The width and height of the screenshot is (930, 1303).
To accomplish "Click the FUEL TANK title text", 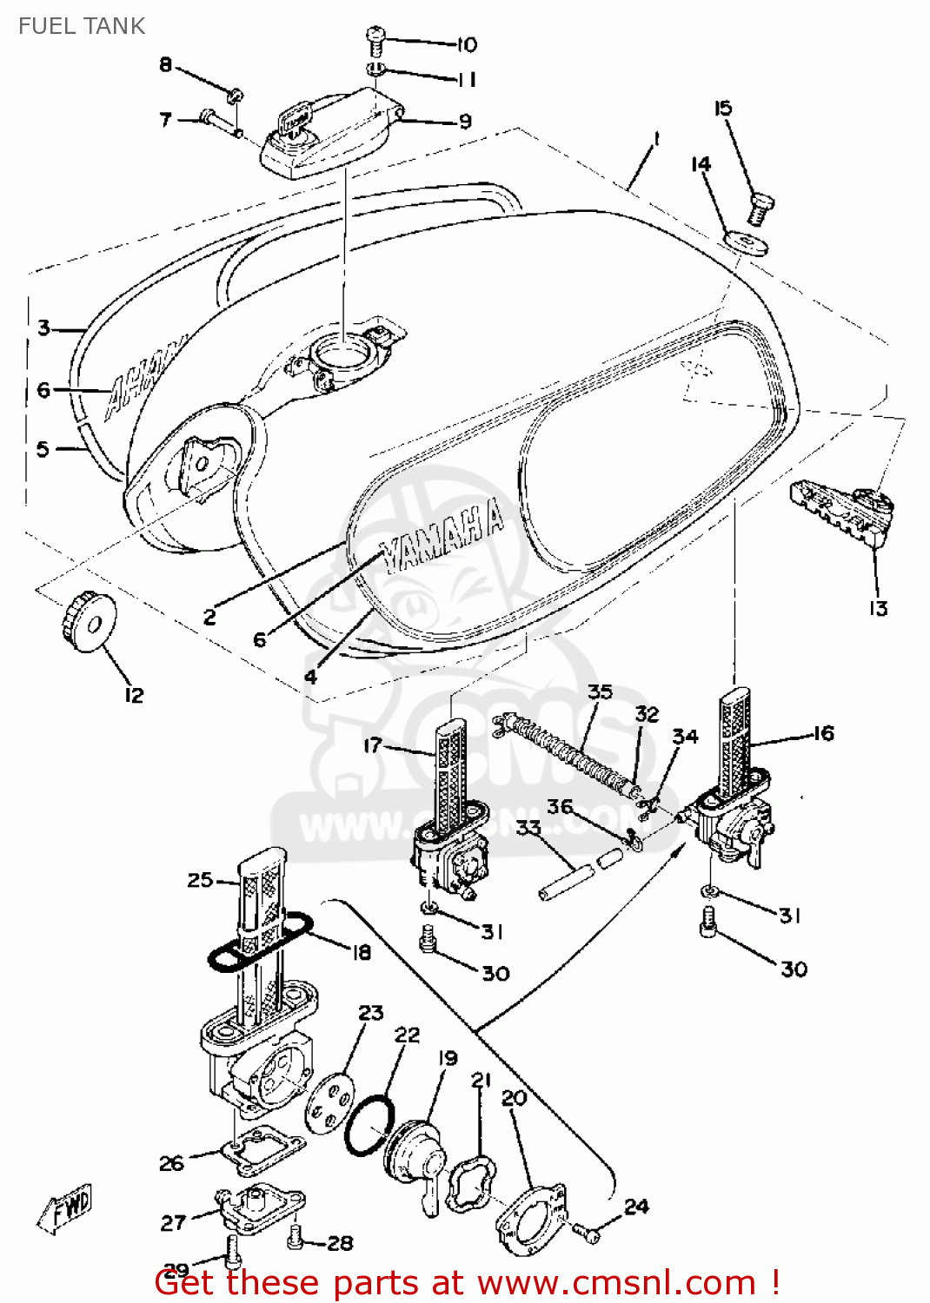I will click(82, 26).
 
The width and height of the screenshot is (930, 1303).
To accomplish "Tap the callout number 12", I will click(134, 695).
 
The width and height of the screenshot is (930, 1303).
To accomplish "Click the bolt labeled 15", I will click(761, 209).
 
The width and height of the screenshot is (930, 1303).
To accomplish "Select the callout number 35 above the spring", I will click(600, 691).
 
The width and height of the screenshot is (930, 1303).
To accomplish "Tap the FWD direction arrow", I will click(65, 1207).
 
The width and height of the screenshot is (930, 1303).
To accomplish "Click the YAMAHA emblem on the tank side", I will click(443, 536).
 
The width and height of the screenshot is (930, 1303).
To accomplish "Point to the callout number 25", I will click(200, 880).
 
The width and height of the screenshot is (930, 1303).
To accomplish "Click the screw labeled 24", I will click(587, 1231).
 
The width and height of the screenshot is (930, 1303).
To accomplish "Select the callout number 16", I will click(823, 733).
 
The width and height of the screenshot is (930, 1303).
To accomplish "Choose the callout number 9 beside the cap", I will click(465, 121).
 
